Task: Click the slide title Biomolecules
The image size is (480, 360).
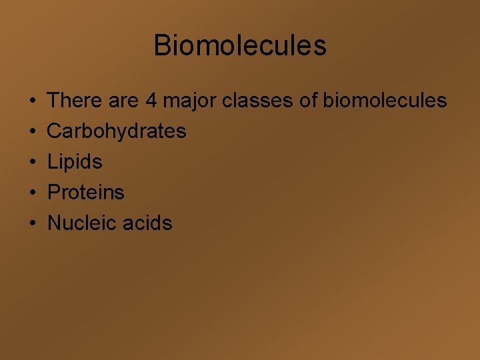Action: click(240, 45)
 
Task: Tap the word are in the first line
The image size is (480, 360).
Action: click(123, 101)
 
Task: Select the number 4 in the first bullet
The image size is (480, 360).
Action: click(151, 101)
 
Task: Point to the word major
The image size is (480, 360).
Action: click(189, 101)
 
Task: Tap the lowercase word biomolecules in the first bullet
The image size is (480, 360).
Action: click(385, 101)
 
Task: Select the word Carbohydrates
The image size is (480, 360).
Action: click(117, 131)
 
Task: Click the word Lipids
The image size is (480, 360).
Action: click(75, 162)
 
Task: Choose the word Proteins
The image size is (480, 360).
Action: click(86, 193)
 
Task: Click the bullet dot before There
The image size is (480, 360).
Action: click(33, 101)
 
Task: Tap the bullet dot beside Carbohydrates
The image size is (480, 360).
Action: click(33, 132)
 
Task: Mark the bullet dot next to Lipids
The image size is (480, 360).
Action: click(33, 163)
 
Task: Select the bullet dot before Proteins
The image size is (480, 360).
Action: click(33, 193)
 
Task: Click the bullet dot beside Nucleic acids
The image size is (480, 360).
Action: click(33, 224)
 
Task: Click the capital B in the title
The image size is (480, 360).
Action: click(162, 45)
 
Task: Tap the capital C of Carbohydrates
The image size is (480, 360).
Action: click(54, 131)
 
